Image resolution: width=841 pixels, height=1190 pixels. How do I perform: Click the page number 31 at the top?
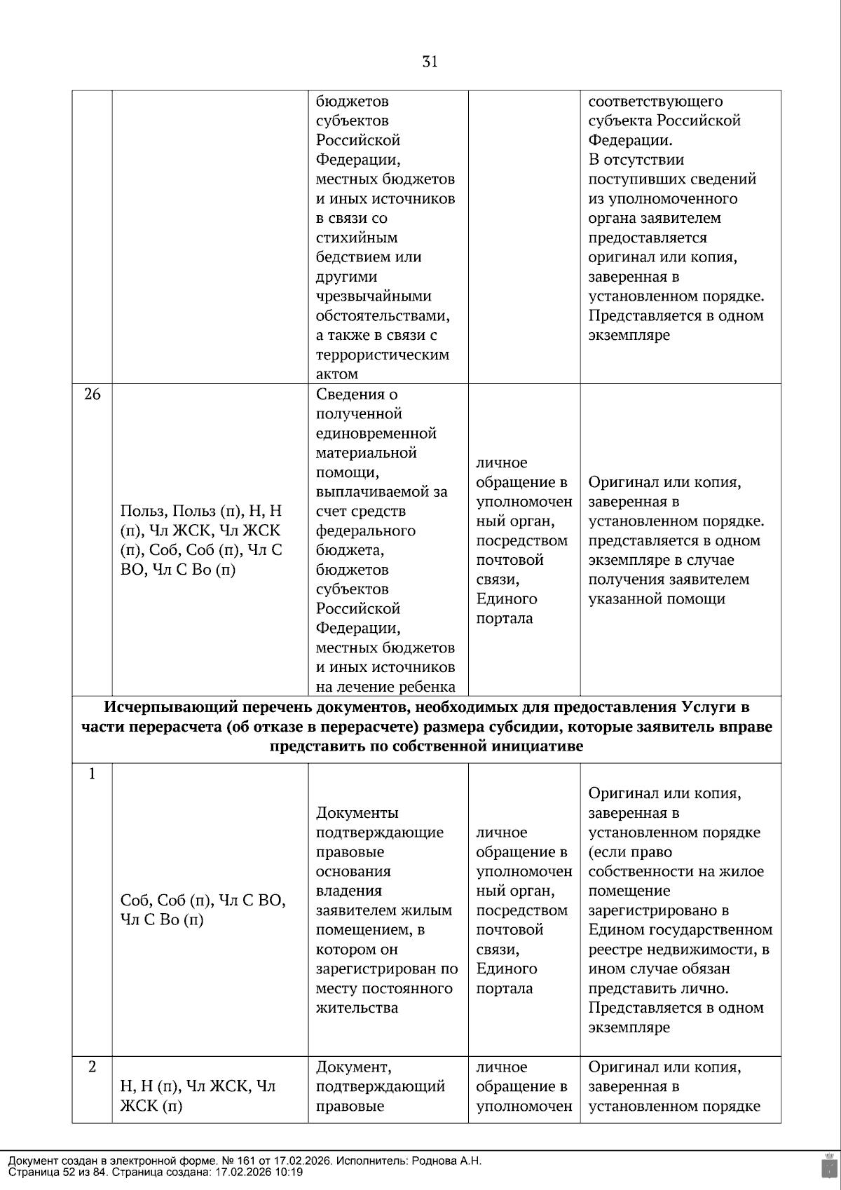point(430,62)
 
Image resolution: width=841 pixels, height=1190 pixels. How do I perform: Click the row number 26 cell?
point(93,395)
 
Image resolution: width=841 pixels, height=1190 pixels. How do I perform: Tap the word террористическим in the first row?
point(382,355)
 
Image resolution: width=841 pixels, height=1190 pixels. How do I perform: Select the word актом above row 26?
point(337,374)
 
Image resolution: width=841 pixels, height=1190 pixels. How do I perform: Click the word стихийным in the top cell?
point(357,238)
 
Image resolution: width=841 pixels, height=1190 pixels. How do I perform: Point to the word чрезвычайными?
point(373,296)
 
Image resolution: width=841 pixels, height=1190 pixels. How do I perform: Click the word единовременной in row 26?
point(376,433)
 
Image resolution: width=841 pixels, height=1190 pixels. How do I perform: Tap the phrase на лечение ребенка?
point(385,687)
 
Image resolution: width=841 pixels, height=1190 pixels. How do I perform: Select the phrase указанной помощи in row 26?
point(656,599)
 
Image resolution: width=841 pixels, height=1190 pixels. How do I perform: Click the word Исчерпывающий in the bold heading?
point(159,707)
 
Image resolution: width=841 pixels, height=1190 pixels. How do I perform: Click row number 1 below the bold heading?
point(92,774)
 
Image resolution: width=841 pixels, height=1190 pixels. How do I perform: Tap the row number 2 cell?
point(93,1067)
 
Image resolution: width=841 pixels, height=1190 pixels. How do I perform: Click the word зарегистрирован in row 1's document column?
point(376,969)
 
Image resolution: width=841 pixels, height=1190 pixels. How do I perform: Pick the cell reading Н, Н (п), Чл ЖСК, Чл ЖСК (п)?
point(198,1096)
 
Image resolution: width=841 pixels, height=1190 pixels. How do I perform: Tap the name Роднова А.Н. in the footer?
point(447,1161)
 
